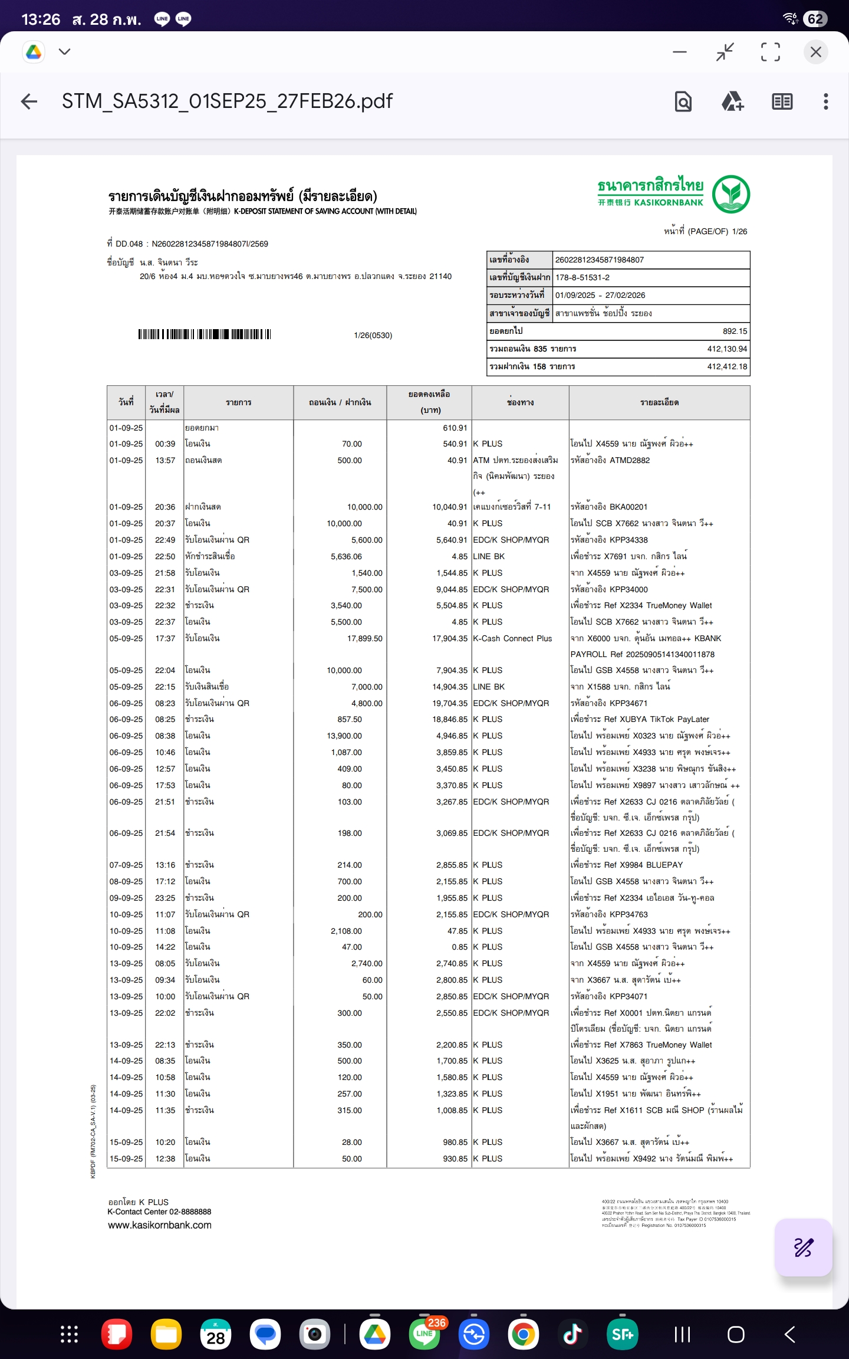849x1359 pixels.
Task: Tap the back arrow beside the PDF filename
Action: [x=29, y=101]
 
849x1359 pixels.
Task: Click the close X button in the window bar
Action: [x=815, y=52]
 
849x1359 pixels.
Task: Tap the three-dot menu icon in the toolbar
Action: [x=825, y=101]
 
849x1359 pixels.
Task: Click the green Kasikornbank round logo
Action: [x=730, y=194]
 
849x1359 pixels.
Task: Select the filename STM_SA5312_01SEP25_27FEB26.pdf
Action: [x=227, y=101]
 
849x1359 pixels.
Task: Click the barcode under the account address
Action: [x=205, y=334]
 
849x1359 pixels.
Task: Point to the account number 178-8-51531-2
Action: [x=583, y=277]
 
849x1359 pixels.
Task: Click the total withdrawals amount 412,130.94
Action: [x=727, y=349]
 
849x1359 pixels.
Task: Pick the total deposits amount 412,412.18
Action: [x=727, y=366]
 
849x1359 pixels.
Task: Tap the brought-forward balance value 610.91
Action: [x=455, y=428]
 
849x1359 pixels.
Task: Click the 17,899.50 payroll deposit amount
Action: [x=364, y=638]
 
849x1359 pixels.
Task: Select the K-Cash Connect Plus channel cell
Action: [x=512, y=638]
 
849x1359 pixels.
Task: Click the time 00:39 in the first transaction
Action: [x=165, y=444]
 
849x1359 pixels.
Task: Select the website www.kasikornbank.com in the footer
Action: [x=160, y=1225]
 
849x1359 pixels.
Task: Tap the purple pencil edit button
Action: [x=803, y=1248]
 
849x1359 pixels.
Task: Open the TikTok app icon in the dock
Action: [x=572, y=1334]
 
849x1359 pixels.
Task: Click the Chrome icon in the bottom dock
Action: [x=523, y=1334]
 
